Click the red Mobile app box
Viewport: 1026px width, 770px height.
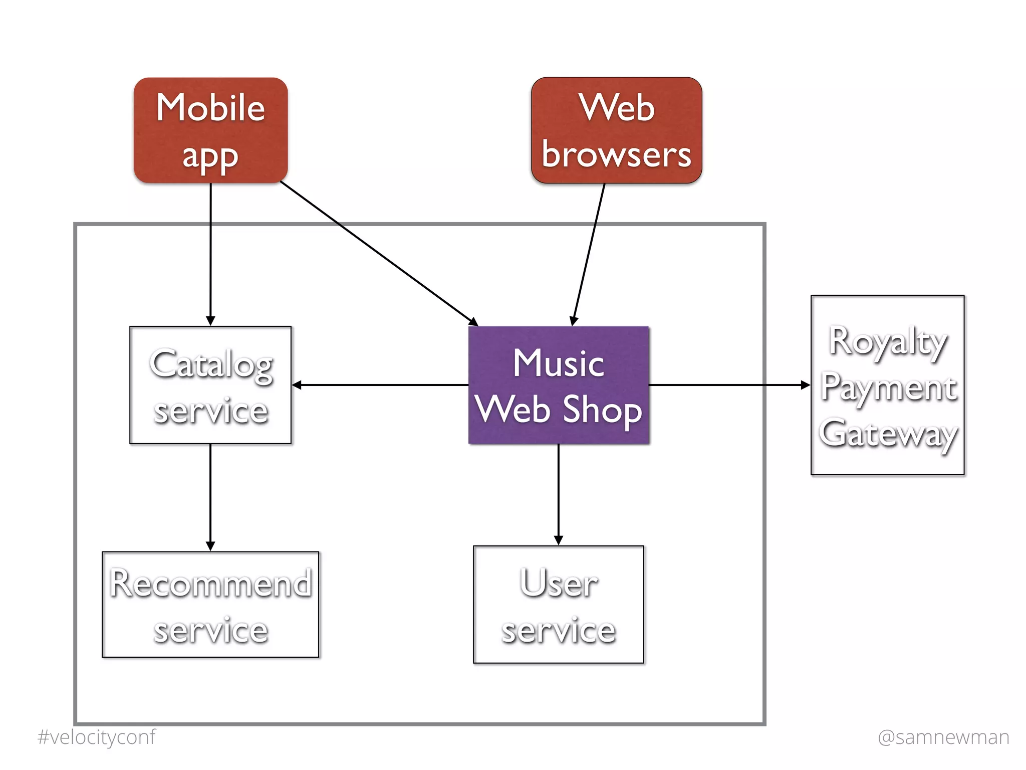210,130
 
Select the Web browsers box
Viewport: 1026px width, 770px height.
616,130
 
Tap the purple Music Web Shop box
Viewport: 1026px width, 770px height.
559,385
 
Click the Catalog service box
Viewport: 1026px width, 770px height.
210,385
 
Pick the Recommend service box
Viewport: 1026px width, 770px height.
210,605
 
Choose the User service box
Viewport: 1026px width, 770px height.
559,605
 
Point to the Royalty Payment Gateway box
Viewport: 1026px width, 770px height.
887,385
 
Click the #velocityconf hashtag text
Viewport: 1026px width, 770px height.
96,737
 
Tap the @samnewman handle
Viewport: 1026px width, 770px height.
943,737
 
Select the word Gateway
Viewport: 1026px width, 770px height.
887,434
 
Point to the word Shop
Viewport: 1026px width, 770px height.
602,410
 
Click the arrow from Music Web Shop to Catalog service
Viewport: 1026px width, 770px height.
381,385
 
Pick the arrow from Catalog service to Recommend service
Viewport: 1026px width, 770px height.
210,496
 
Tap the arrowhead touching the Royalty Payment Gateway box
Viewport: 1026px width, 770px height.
805,385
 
